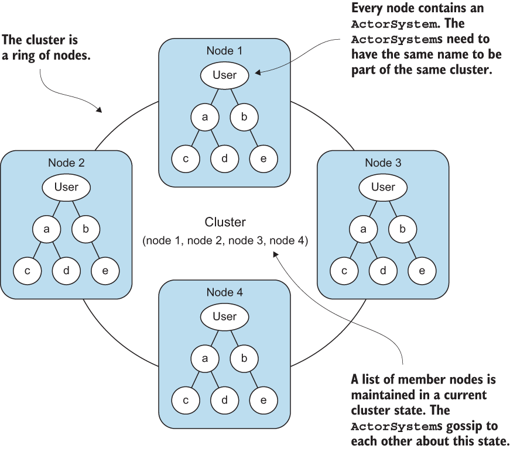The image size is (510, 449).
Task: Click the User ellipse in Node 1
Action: pyautogui.click(x=224, y=75)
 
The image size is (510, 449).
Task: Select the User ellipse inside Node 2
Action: pyautogui.click(x=66, y=187)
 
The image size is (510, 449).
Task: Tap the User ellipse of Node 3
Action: pyautogui.click(x=383, y=187)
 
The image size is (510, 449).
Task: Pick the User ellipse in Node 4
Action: pyautogui.click(x=224, y=316)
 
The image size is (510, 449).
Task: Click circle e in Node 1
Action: pyautogui.click(x=263, y=159)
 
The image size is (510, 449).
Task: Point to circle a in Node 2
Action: pyautogui.click(x=46, y=229)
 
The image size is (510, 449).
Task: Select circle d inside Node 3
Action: pyautogui.click(x=383, y=271)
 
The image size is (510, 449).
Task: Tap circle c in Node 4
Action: pyautogui.click(x=186, y=400)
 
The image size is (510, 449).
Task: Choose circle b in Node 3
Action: pyautogui.click(x=402, y=229)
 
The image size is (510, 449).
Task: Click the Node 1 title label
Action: pyautogui.click(x=224, y=51)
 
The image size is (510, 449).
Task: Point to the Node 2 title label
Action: pyautogui.click(x=66, y=163)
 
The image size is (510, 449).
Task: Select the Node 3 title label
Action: pyautogui.click(x=383, y=163)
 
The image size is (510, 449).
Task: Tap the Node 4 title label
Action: pyautogui.click(x=224, y=292)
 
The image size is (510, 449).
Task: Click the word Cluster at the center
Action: pyautogui.click(x=225, y=222)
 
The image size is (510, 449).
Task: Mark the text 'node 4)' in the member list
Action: pyautogui.click(x=289, y=240)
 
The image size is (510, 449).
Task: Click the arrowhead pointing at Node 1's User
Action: pyautogui.click(x=258, y=72)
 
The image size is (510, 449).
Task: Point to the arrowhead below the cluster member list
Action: pyautogui.click(x=275, y=254)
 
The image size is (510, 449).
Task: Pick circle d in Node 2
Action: pyautogui.click(x=66, y=271)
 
